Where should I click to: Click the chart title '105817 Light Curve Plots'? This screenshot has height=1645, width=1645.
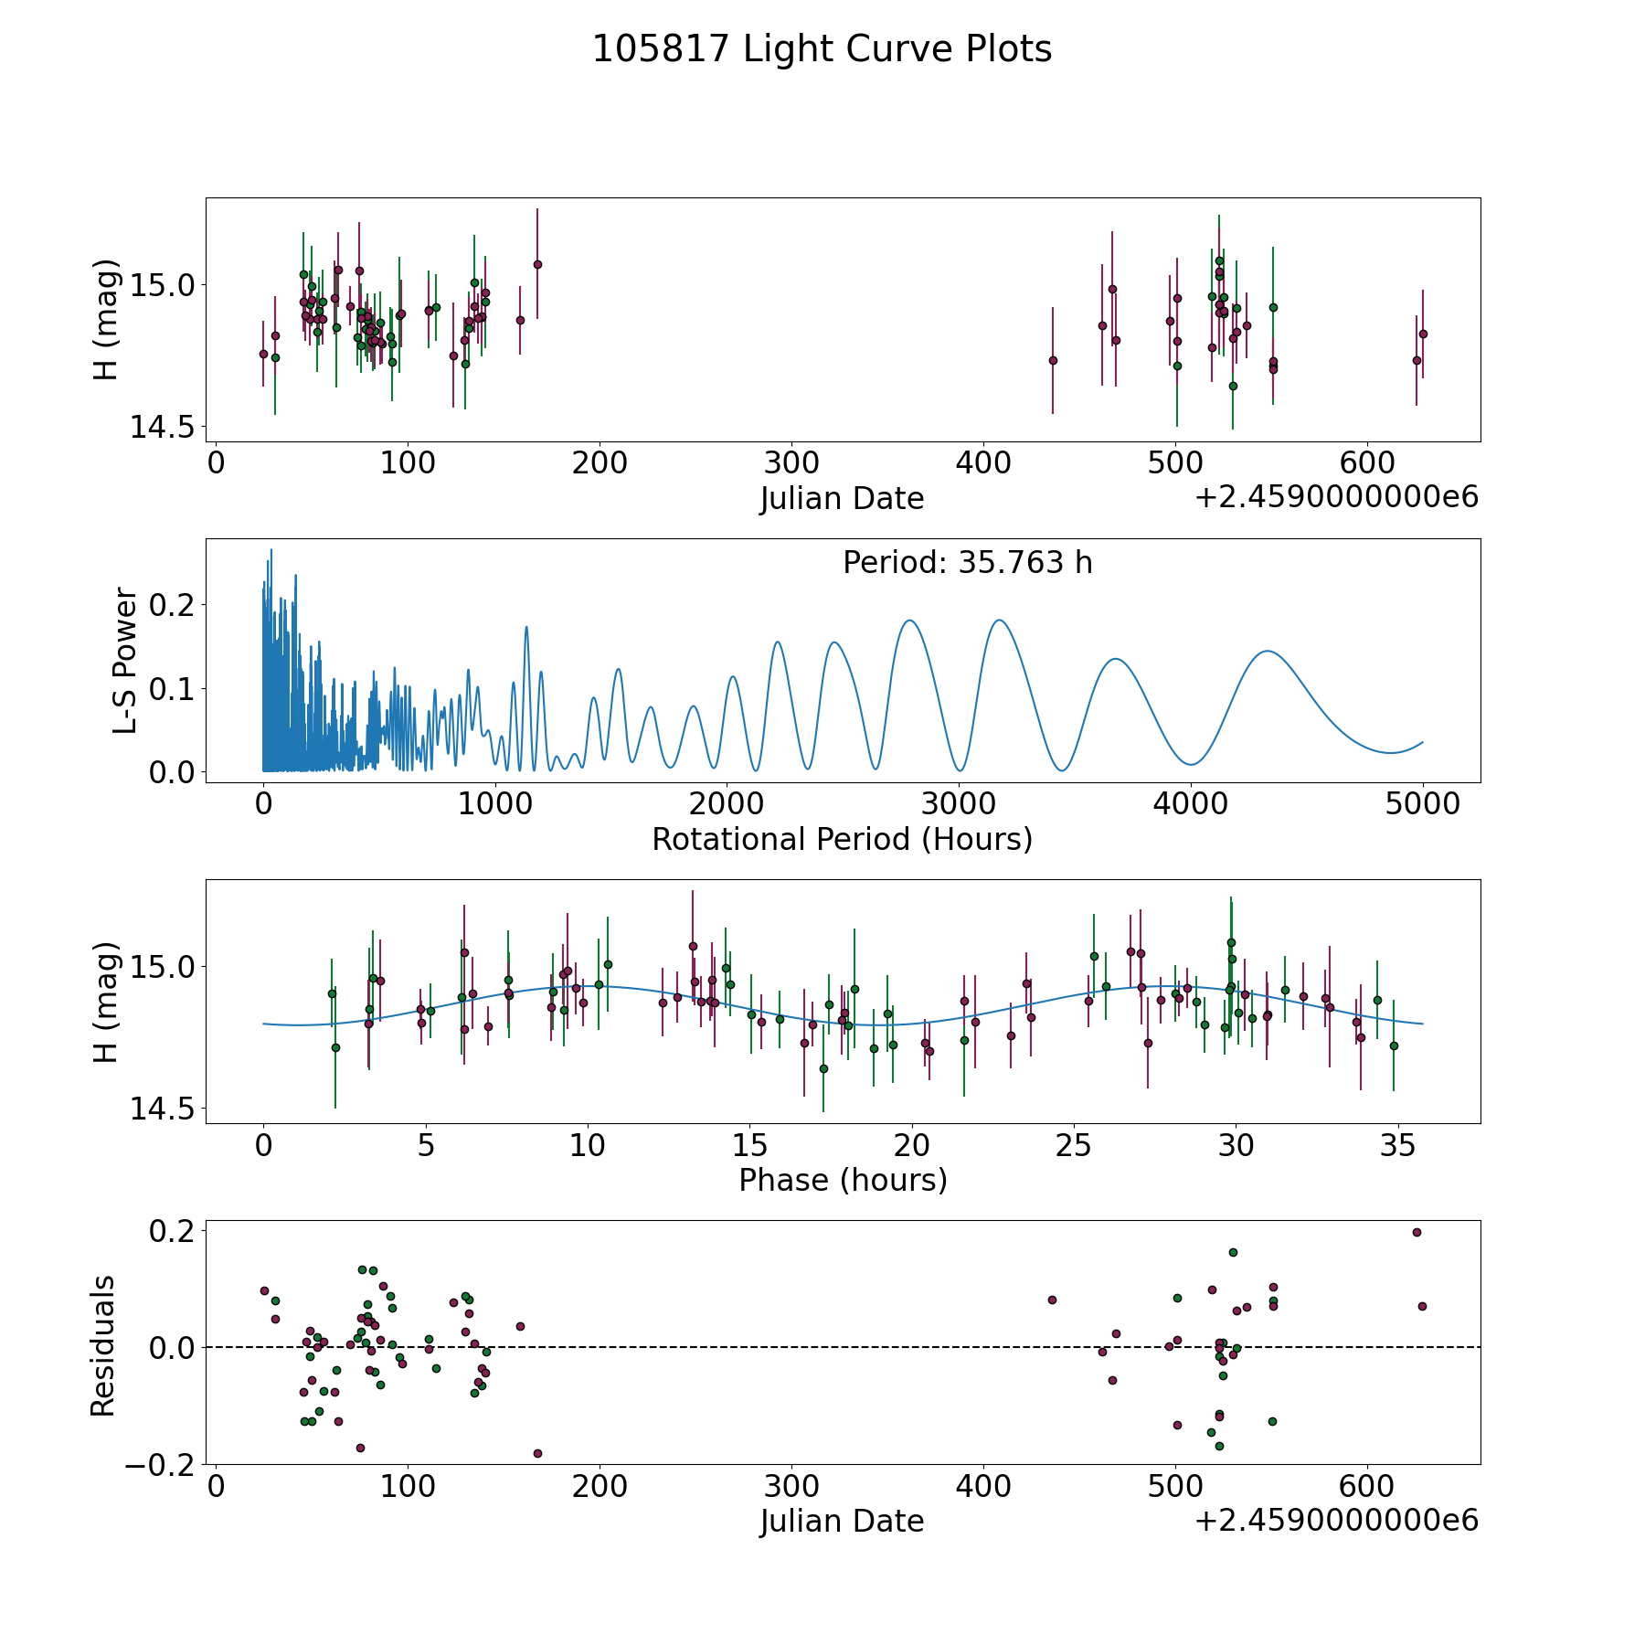click(x=822, y=49)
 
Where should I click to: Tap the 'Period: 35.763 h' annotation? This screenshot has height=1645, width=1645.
click(x=967, y=563)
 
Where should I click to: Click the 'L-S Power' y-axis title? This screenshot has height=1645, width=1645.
click(x=125, y=661)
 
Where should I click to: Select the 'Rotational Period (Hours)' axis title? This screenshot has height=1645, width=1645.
click(x=842, y=839)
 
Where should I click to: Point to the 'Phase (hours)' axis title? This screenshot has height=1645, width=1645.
click(x=843, y=1180)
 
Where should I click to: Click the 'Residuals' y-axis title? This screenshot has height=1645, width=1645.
click(x=103, y=1346)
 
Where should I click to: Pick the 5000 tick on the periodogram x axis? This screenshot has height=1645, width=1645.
click(x=1423, y=805)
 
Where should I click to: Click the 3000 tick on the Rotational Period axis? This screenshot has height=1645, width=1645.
click(x=959, y=805)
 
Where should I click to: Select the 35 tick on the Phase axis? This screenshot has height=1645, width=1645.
click(x=1398, y=1146)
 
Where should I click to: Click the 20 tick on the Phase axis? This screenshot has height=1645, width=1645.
click(x=912, y=1146)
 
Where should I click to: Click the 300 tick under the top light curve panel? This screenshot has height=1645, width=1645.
click(x=791, y=464)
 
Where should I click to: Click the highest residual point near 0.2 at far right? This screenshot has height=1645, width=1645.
click(x=1417, y=1232)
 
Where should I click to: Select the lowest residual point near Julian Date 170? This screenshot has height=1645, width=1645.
click(x=537, y=1453)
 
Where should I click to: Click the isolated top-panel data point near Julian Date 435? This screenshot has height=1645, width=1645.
click(x=1053, y=360)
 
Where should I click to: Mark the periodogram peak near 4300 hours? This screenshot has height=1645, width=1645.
click(x=1267, y=651)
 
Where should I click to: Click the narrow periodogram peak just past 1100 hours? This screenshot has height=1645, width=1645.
click(x=526, y=627)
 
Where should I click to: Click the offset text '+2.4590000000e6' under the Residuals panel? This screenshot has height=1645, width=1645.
click(x=1336, y=1521)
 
